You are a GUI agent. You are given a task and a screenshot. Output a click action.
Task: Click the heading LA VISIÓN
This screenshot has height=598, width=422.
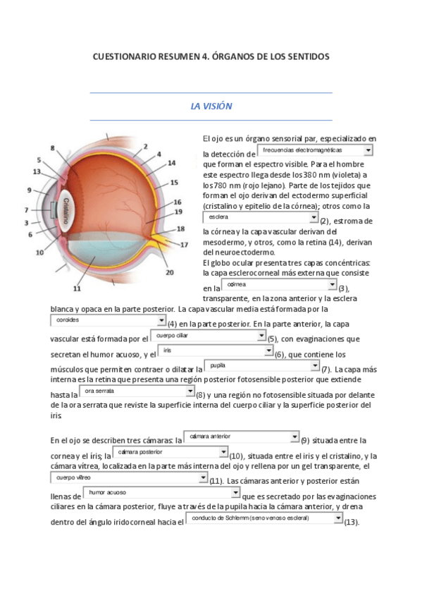(x=211, y=106)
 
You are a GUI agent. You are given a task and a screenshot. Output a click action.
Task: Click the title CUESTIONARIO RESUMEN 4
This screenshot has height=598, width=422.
(x=211, y=56)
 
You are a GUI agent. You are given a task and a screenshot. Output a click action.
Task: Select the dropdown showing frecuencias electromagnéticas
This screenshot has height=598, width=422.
(x=315, y=150)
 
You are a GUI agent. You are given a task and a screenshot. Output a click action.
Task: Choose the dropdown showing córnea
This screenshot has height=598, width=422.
(x=280, y=284)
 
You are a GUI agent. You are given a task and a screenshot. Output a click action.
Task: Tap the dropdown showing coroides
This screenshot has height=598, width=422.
(x=108, y=319)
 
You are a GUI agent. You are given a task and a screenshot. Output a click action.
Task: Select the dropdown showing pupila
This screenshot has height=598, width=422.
(x=261, y=365)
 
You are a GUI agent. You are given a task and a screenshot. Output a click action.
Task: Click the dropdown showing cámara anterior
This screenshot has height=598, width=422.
(x=241, y=437)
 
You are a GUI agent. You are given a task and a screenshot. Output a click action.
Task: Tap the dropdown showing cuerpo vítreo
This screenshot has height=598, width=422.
(x=130, y=477)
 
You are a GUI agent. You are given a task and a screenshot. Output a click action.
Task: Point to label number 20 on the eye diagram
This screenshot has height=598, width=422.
(x=169, y=272)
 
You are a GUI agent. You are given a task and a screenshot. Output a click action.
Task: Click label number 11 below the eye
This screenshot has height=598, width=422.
(x=77, y=288)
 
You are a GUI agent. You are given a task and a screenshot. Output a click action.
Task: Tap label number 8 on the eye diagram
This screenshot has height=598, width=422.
(x=52, y=147)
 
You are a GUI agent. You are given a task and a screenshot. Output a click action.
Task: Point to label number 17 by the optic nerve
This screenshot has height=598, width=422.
(x=184, y=245)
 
